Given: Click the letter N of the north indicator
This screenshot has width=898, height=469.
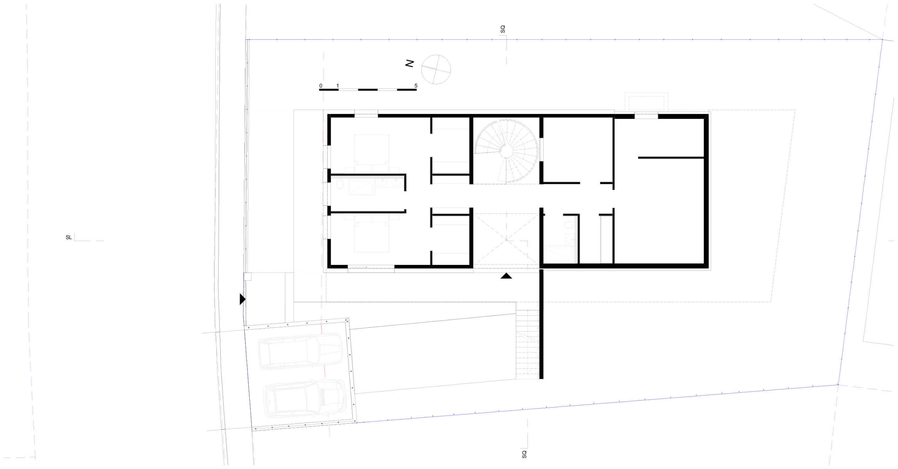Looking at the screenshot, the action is coord(410,63).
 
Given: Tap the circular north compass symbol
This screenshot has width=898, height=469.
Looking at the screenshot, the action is coord(436,69).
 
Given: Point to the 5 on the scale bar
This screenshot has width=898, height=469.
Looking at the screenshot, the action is coord(416,86).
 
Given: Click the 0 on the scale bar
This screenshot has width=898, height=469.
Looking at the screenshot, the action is coord(321,86).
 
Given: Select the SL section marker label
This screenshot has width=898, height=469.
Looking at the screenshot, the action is coord(69,237).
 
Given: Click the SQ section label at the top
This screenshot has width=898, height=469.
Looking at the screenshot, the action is coord(503,29).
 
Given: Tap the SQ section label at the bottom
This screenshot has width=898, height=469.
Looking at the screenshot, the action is coord(524,454).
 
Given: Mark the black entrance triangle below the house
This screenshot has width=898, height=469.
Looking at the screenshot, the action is coord(506,276).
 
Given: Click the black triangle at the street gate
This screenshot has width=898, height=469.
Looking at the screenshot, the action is coord(242,299).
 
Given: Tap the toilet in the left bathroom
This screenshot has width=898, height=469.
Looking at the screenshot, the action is coord(339,184).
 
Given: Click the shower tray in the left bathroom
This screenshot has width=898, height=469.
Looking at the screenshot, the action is coord(362,187).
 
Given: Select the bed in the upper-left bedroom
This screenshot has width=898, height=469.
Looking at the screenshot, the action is coord(371,149).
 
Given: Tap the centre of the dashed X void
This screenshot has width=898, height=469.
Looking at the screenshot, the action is coord(506,240).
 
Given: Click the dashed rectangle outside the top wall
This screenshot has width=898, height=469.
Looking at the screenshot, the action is coord(646,102).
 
